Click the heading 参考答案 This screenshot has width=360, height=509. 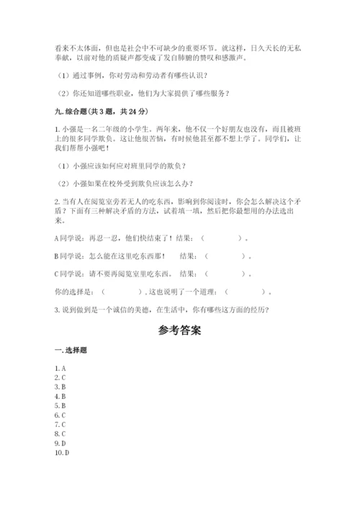pos(179,331)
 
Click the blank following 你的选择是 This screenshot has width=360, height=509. pos(122,292)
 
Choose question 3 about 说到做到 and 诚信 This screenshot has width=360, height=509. pos(162,310)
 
